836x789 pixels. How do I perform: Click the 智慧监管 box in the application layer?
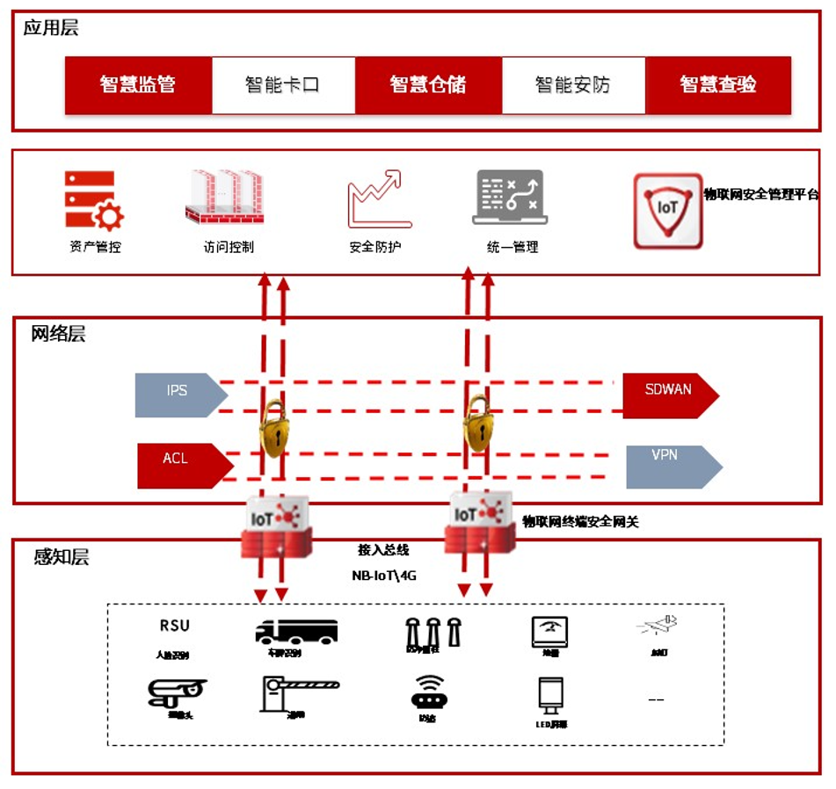138,85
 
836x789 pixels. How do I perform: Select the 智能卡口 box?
283,85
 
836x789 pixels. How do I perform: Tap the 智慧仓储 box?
428,85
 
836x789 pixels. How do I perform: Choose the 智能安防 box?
573,85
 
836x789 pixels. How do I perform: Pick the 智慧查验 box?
718,85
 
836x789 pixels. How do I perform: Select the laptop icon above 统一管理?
510,198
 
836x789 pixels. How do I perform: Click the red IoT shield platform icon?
668,211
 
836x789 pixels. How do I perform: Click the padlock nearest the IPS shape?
274,428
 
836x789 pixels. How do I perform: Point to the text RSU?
174,626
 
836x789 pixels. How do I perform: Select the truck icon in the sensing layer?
296,632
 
